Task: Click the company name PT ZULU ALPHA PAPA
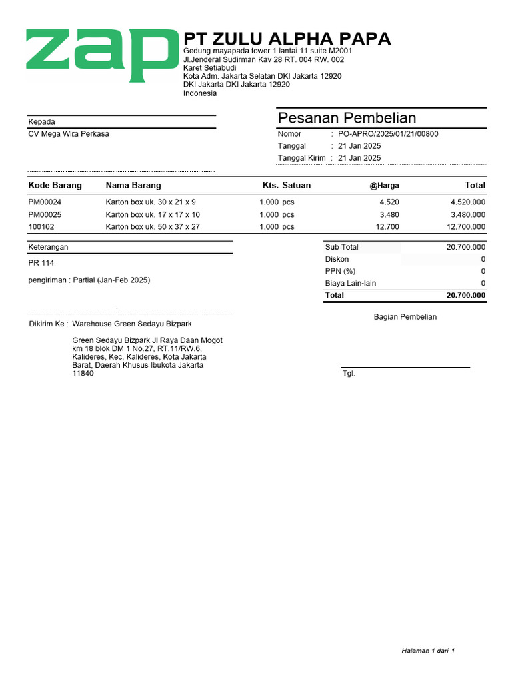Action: [287, 39]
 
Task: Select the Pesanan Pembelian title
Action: [347, 118]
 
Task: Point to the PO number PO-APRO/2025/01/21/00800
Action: [388, 134]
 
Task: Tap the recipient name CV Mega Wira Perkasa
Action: [69, 134]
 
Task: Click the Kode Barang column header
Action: [55, 185]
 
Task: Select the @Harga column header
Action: [385, 186]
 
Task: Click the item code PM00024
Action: [45, 202]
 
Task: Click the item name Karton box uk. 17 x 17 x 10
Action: [153, 214]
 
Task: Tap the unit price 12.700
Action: [388, 227]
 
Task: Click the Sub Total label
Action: [341, 247]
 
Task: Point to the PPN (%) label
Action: [340, 271]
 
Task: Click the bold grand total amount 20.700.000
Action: [466, 295]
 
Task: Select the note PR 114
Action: [41, 263]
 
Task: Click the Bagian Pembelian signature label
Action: [405, 317]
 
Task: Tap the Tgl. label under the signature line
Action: [349, 374]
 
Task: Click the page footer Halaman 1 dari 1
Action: [427, 651]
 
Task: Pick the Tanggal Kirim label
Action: [301, 158]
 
